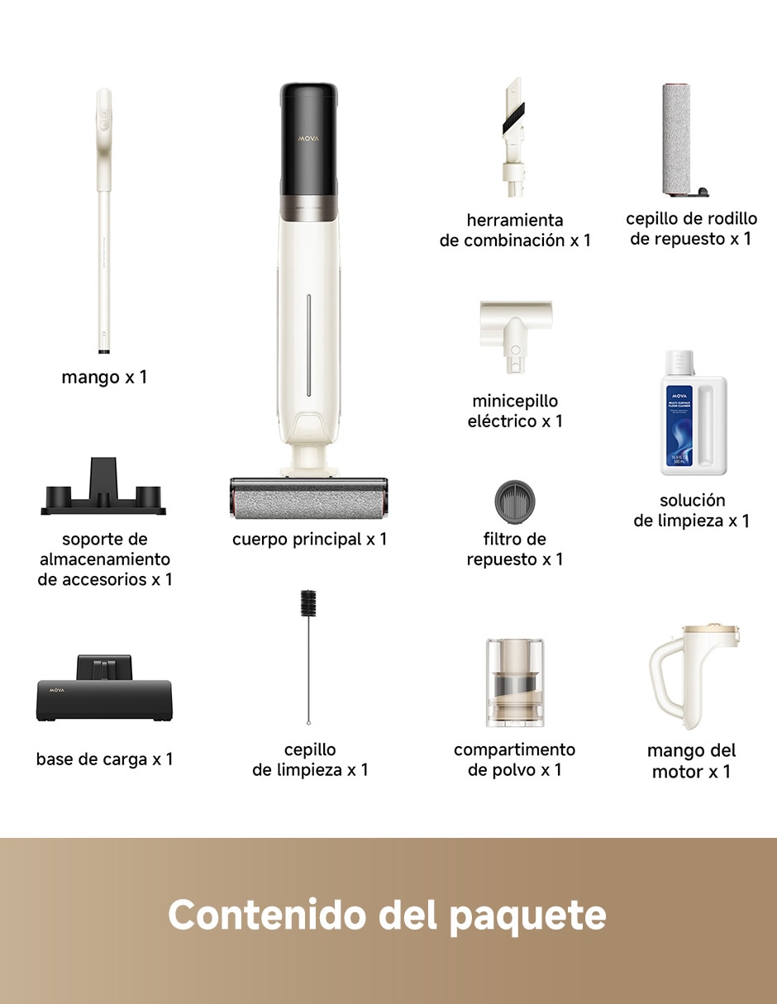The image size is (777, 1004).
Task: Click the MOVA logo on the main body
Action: tap(308, 139)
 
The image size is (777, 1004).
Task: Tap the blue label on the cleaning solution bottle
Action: tap(679, 426)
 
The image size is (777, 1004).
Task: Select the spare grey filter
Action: tap(515, 502)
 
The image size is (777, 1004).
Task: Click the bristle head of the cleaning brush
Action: tap(308, 603)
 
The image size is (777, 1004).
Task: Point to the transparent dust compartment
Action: tap(515, 683)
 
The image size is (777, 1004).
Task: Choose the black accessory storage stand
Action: tap(103, 487)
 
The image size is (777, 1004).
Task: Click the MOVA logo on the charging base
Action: tap(57, 690)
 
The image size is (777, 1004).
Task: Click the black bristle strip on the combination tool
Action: tap(513, 118)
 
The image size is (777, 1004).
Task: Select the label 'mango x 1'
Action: tap(104, 378)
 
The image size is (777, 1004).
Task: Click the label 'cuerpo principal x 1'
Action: tap(309, 540)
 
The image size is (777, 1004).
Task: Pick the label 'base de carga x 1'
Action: tap(104, 759)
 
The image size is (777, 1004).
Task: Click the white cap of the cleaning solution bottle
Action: tap(679, 363)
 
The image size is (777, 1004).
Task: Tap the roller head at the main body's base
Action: tap(308, 498)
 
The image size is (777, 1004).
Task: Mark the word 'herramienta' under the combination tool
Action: tap(515, 221)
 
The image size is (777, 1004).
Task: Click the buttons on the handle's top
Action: tap(104, 119)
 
